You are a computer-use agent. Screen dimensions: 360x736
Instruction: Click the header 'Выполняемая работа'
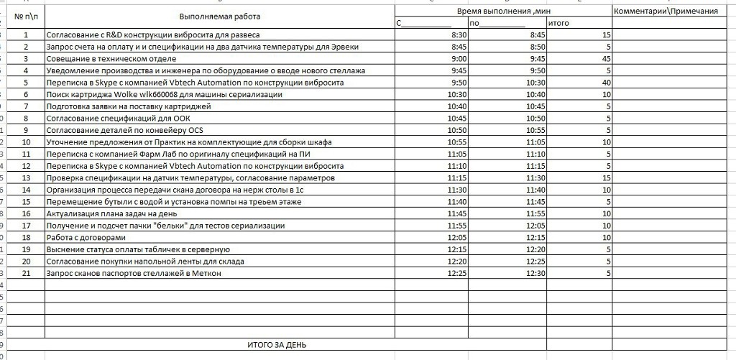click(x=220, y=17)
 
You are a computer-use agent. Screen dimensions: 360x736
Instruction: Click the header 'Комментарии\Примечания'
click(x=666, y=11)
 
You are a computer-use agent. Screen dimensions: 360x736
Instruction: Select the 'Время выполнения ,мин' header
click(x=502, y=11)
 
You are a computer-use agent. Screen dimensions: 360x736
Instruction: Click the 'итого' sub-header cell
click(x=558, y=23)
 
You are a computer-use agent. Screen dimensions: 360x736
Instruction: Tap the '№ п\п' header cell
click(x=26, y=17)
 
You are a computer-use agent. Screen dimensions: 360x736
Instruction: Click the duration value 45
click(x=606, y=59)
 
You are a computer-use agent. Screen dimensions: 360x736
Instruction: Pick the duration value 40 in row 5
click(x=606, y=83)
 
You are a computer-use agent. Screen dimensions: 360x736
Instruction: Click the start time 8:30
click(x=459, y=34)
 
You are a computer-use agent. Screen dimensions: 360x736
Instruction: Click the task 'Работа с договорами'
click(x=86, y=238)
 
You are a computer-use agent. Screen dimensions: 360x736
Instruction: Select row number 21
click(x=26, y=274)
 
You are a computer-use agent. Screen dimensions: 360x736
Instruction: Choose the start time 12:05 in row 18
click(x=457, y=238)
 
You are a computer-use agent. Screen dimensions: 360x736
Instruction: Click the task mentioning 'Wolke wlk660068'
click(x=164, y=95)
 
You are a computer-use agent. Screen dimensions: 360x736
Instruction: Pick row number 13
click(x=26, y=178)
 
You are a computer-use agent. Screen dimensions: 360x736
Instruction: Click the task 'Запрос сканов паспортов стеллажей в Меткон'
click(x=134, y=274)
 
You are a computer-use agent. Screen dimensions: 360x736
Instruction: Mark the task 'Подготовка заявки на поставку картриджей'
click(x=129, y=106)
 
